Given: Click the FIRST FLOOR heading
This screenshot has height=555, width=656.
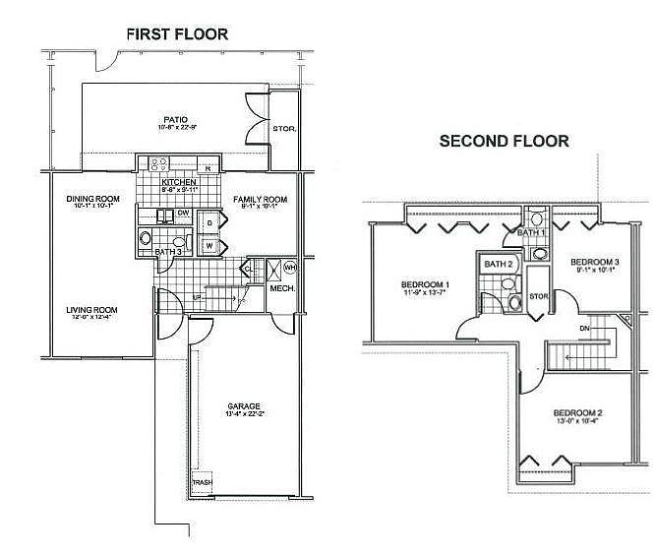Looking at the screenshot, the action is click(x=177, y=34).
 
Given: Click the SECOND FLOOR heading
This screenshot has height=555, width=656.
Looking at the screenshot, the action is click(x=503, y=142).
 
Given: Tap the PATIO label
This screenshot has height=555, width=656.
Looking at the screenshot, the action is click(x=176, y=120).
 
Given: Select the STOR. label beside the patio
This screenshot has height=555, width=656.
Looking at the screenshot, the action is click(x=284, y=129).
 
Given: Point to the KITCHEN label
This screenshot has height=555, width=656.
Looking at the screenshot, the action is click(x=179, y=183).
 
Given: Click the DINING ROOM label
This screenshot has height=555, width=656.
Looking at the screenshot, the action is click(x=91, y=200).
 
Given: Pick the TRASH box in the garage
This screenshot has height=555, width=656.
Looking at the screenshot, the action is click(x=202, y=482).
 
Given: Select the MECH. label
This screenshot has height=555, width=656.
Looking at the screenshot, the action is click(x=282, y=288).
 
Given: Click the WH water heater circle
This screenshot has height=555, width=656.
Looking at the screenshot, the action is click(x=289, y=268).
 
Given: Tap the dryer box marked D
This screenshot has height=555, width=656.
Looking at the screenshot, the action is click(x=209, y=222).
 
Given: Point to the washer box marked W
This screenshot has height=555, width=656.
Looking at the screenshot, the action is click(x=209, y=245).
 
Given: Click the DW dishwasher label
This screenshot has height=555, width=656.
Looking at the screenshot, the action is click(x=184, y=213).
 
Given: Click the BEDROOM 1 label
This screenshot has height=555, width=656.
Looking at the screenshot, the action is click(x=426, y=284).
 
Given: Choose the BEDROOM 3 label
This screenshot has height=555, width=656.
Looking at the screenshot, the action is click(x=595, y=261).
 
